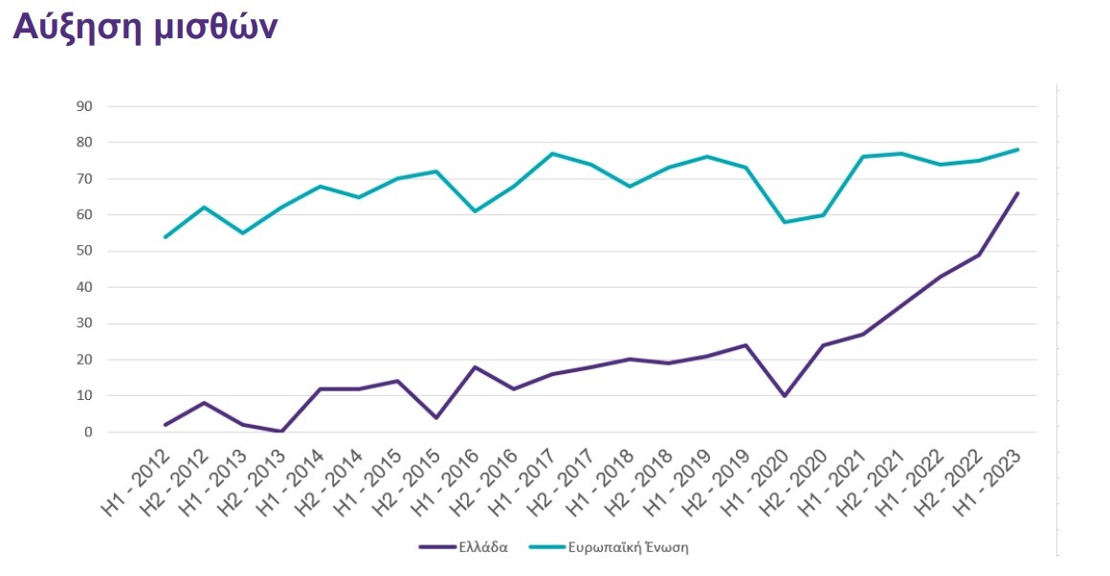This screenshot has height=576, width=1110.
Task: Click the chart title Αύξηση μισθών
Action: click(x=144, y=28)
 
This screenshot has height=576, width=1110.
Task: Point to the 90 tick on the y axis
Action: click(x=83, y=106)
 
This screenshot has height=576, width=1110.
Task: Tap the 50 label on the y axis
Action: click(x=83, y=251)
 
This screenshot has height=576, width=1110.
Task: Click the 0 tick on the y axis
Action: click(x=87, y=432)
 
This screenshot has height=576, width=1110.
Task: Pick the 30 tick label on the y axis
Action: click(x=83, y=323)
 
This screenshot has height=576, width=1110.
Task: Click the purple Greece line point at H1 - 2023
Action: click(x=1017, y=193)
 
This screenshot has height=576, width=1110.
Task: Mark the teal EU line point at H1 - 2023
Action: click(x=1017, y=149)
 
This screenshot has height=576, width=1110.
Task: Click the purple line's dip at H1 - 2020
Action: click(x=785, y=395)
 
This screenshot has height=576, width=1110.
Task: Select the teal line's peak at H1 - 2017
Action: click(x=552, y=153)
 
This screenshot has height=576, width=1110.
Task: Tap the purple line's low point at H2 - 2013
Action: click(x=281, y=432)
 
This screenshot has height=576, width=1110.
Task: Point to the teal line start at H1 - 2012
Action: click(x=166, y=236)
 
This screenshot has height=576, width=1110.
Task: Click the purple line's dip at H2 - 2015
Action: click(x=436, y=417)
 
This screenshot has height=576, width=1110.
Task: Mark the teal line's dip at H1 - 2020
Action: click(x=785, y=222)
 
